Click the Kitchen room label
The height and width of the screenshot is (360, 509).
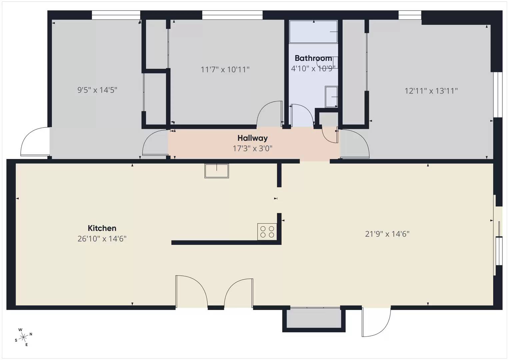[x=102, y=228]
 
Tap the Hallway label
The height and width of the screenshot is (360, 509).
[x=252, y=138]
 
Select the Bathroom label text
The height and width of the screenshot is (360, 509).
[x=313, y=58]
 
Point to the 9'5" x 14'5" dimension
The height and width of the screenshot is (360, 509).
[x=97, y=90]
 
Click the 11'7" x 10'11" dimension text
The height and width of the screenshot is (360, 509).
[x=225, y=70]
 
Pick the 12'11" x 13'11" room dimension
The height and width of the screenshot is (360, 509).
[x=431, y=91]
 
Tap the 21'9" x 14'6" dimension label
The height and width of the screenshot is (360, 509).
[x=387, y=234]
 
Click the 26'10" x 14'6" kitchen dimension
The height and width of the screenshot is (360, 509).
[x=102, y=239]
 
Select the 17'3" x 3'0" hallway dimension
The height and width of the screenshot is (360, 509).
[x=252, y=148]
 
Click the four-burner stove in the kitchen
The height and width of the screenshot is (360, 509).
[x=267, y=232]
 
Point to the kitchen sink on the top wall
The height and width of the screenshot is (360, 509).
[x=217, y=171]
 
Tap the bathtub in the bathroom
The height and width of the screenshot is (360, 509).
[x=313, y=32]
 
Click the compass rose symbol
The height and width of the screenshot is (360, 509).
[x=23, y=338]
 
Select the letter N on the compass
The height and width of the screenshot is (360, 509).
[x=31, y=334]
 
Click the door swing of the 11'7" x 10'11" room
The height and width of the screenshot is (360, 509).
[x=269, y=114]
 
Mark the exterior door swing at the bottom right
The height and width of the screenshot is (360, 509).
[x=376, y=322]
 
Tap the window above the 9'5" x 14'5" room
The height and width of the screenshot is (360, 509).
[x=116, y=15]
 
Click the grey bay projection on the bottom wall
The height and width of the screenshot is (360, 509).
[x=314, y=318]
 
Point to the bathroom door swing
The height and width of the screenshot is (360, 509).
[x=302, y=115]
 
